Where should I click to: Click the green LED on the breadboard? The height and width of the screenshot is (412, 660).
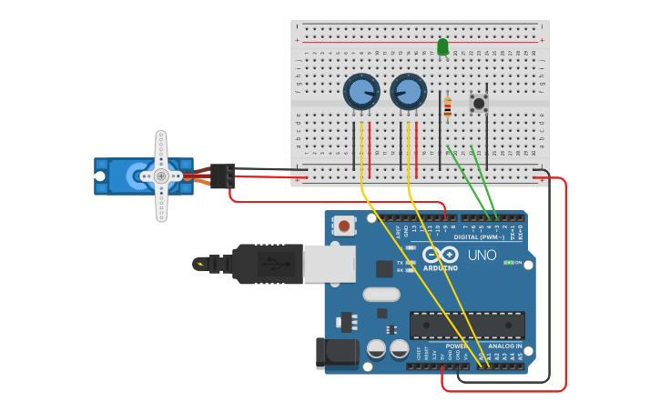tap(442, 46)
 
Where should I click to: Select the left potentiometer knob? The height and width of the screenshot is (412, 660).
tap(361, 92)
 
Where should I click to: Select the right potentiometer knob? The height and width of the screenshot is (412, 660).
tap(408, 92)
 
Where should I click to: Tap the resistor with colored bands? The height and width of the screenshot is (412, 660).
tap(447, 108)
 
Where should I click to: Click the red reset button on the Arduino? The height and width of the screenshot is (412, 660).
tap(344, 226)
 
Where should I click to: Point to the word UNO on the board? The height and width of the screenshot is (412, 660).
tap(482, 256)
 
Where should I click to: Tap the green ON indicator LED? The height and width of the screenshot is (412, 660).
tap(507, 263)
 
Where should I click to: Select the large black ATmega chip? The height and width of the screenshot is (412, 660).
tap(466, 325)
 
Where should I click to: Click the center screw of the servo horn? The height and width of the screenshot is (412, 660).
tap(161, 176)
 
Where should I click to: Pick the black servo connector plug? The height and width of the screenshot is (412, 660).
tap(223, 175)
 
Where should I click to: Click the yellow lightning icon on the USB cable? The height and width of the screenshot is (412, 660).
tap(199, 265)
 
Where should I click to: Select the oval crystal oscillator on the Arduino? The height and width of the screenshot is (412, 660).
tap(381, 294)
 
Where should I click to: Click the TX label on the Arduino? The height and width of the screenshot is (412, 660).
tap(400, 263)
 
